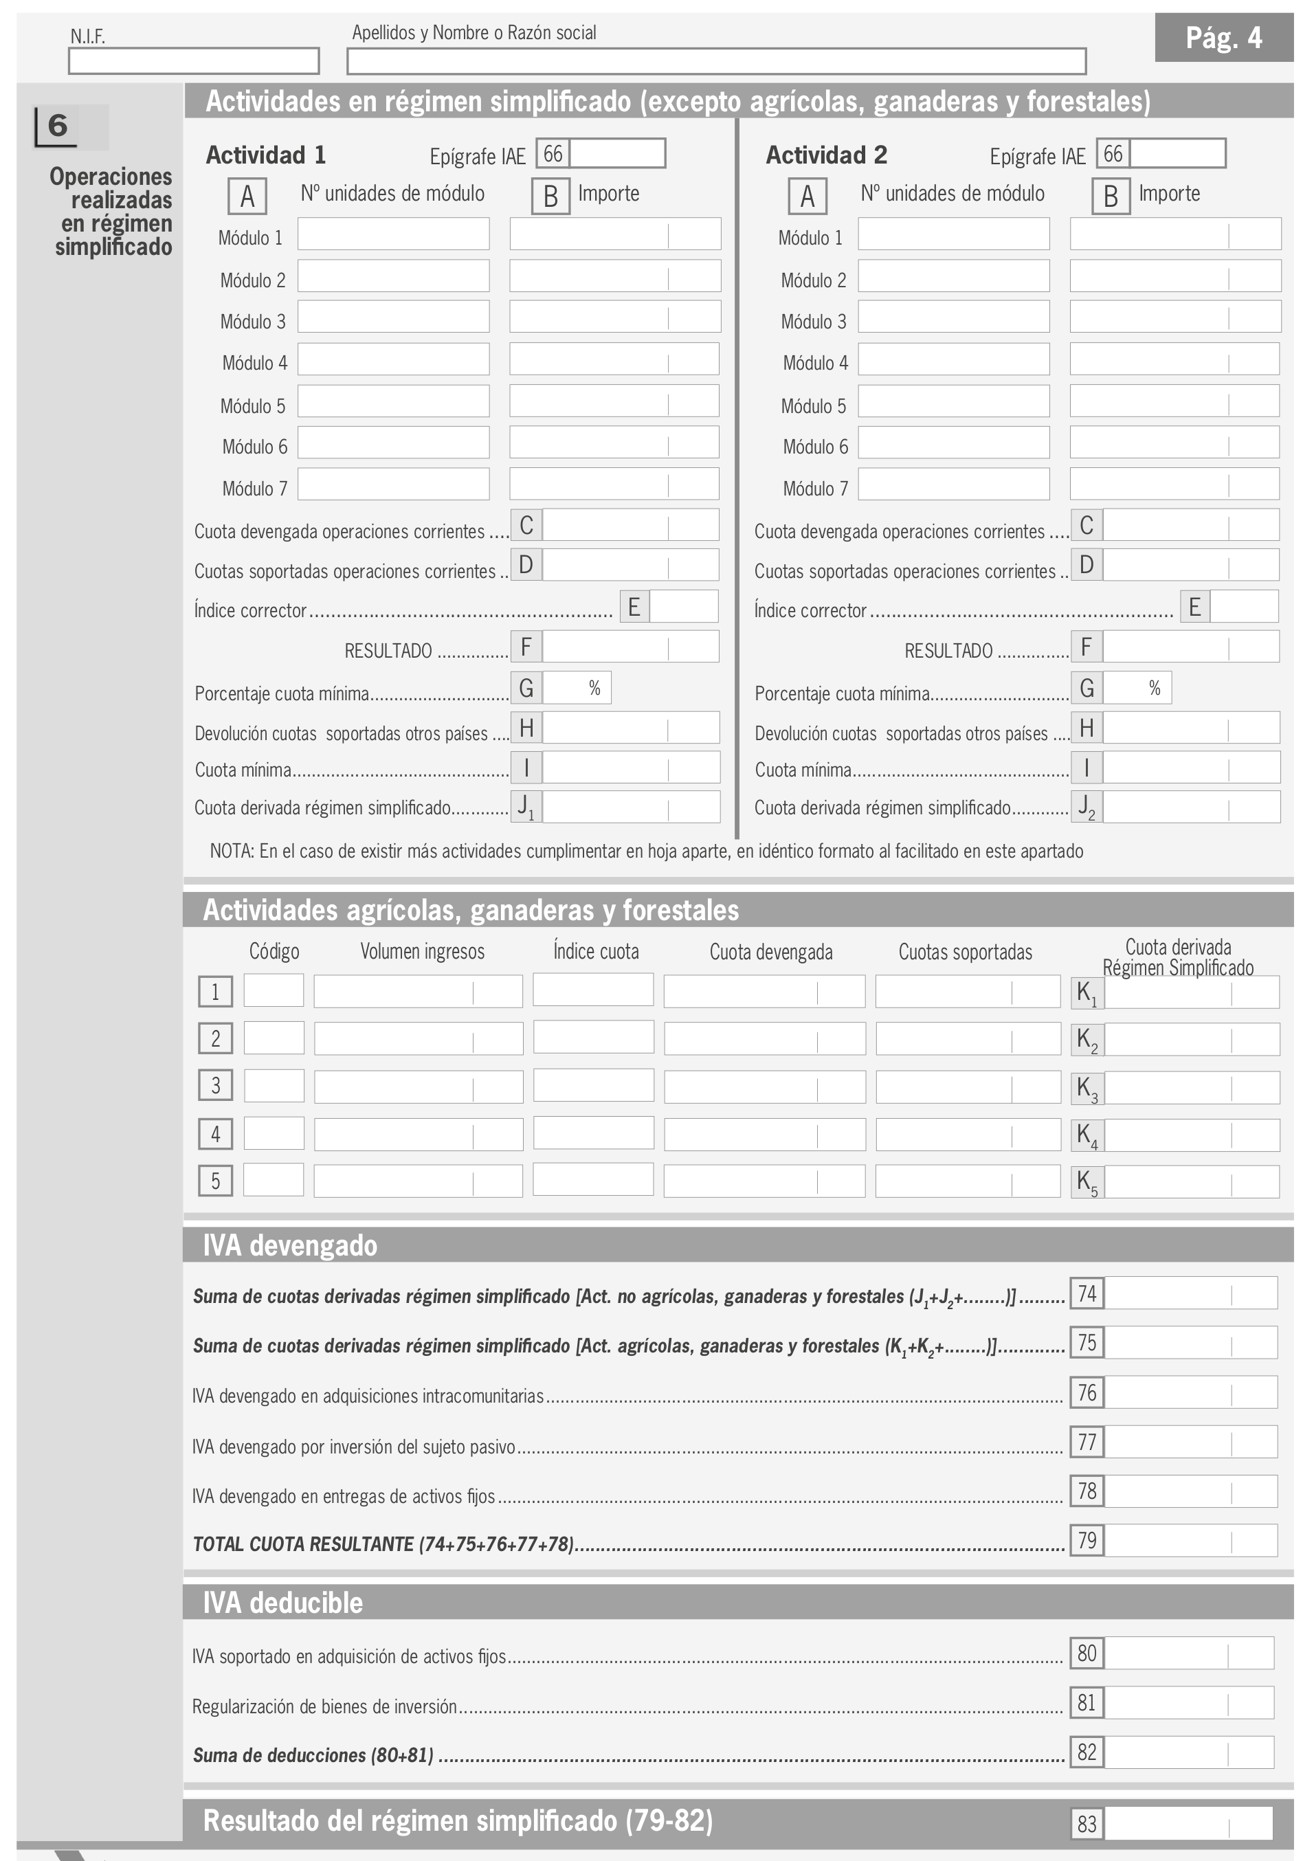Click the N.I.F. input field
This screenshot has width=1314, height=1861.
(194, 60)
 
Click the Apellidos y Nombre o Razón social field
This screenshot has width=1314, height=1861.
(716, 60)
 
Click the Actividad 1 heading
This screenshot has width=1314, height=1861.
(266, 155)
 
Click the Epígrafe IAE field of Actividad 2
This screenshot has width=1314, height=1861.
(1177, 153)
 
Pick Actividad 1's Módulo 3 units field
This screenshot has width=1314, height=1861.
(393, 317)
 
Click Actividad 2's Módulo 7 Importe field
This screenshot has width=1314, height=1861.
(1174, 484)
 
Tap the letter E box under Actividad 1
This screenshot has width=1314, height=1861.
(634, 606)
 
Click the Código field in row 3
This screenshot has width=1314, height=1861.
(274, 1085)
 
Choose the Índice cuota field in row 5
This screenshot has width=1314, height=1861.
(592, 1179)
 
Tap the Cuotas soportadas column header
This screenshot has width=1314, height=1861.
(965, 952)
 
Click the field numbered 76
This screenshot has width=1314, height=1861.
(1190, 1392)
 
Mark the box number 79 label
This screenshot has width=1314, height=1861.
(1087, 1540)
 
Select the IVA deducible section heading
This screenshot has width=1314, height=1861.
(283, 1603)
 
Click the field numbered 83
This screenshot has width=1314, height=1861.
(1188, 1824)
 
